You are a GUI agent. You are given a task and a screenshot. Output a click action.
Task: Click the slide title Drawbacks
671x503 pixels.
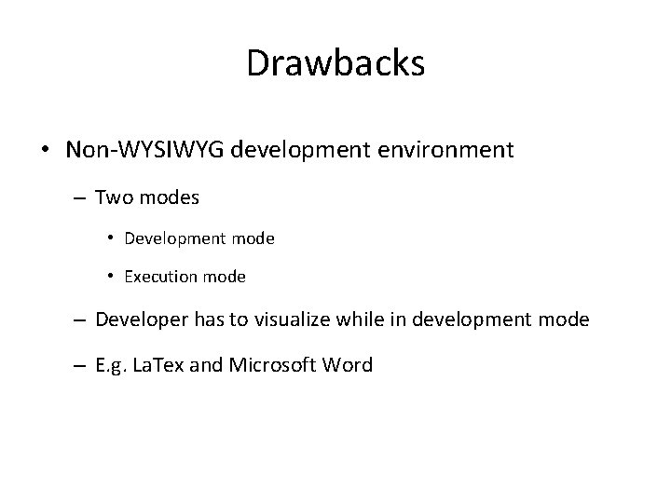tap(335, 64)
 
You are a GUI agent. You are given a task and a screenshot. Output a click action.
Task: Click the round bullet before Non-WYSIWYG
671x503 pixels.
tap(46, 150)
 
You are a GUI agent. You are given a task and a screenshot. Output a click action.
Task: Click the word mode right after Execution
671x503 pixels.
tap(225, 277)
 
